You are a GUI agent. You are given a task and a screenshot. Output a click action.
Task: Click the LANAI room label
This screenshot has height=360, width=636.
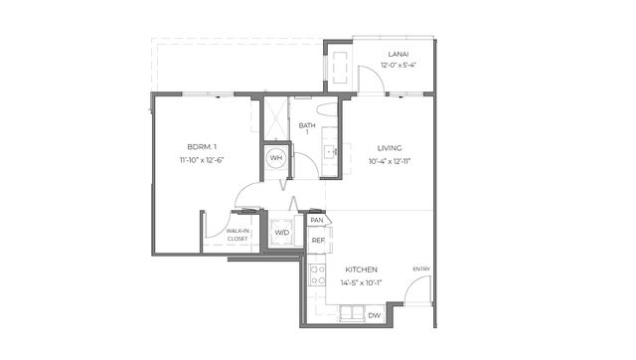pos(398,54)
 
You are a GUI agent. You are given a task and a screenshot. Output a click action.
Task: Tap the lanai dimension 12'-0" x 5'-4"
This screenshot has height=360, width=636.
pos(398,65)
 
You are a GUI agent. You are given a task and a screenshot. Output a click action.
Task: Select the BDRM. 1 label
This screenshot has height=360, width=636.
pos(202,146)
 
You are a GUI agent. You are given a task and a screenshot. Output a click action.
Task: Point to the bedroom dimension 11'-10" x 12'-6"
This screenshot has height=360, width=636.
pos(202,160)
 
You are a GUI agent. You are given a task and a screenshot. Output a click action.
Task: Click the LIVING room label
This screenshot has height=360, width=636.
pos(390,148)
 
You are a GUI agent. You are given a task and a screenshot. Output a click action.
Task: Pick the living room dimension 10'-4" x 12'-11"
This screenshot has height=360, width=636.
pos(390,161)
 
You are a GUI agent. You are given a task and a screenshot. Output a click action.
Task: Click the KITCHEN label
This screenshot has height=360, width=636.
pos(361,270)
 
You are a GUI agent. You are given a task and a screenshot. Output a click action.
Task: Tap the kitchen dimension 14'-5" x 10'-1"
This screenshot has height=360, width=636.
pos(361,282)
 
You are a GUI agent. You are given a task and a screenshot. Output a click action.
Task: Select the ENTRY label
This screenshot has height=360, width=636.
pos(421,270)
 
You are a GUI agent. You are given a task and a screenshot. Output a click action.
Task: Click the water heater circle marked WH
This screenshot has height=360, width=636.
pos(276,157)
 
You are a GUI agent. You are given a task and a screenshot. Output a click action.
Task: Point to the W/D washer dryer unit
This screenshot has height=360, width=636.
pos(282,233)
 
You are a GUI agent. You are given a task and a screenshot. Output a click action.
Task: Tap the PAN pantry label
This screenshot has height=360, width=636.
pos(317,220)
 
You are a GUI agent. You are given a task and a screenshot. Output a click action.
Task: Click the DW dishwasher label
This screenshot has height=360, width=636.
pos(374,315)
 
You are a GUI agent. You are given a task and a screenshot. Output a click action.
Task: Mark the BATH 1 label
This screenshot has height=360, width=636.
pos(307,128)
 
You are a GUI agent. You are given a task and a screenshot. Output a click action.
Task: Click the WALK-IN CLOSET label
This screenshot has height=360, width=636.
pos(238,235)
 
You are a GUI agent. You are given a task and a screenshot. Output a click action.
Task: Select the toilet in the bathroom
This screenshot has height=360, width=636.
pos(328,110)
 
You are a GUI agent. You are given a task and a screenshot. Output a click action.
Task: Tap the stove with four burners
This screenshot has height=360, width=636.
pos(317,274)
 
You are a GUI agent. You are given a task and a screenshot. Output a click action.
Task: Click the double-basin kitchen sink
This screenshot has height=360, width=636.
pos(352,313)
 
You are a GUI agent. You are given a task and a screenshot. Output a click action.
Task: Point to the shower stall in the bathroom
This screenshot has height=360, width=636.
pos(276,117)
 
